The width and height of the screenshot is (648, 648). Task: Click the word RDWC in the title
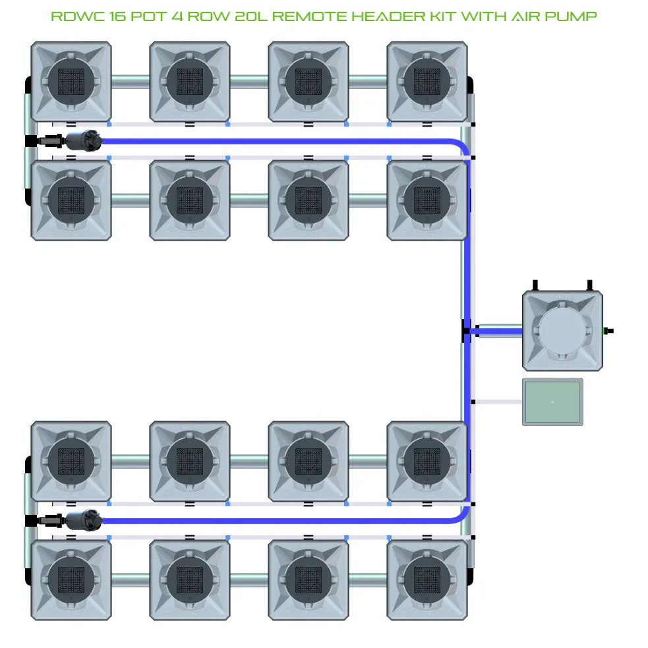tap(71, 16)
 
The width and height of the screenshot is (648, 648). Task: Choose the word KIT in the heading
tap(449, 16)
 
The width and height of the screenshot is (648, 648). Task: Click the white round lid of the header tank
tap(562, 331)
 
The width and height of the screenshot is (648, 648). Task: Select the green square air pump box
tap(552, 401)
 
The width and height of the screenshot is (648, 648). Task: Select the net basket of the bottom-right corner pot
tap(427, 579)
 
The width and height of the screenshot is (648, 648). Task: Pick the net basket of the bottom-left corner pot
tap(71, 579)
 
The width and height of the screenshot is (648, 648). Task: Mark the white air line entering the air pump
tap(498, 401)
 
